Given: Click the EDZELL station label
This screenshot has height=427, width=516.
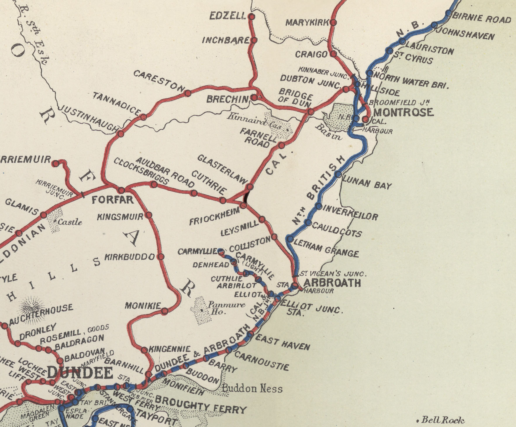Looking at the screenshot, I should (x=228, y=16).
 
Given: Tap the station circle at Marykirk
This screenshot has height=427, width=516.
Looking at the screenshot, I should (x=333, y=22).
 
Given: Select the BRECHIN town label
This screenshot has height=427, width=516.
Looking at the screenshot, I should (x=227, y=99).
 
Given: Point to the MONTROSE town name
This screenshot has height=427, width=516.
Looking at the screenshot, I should (x=403, y=112).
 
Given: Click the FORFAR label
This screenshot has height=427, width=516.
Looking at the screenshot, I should (x=113, y=200).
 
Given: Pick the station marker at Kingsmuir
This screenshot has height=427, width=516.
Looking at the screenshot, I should (x=149, y=215).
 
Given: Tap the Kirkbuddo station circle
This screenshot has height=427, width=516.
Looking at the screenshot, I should (x=161, y=257).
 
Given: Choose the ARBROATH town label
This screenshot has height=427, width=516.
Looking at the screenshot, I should (x=332, y=283).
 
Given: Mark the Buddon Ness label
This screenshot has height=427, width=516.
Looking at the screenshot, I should (x=252, y=388).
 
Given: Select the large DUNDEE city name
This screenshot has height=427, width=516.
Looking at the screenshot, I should (x=80, y=372).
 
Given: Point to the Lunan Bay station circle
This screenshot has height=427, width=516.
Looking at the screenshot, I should (x=338, y=175).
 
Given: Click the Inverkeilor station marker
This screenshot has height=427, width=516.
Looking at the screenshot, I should (x=319, y=206).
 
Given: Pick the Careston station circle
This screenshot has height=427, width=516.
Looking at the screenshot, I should (x=188, y=93).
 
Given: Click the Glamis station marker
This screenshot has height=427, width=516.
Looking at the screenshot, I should (x=44, y=215).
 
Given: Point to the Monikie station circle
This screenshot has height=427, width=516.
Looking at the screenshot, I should (x=165, y=311).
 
